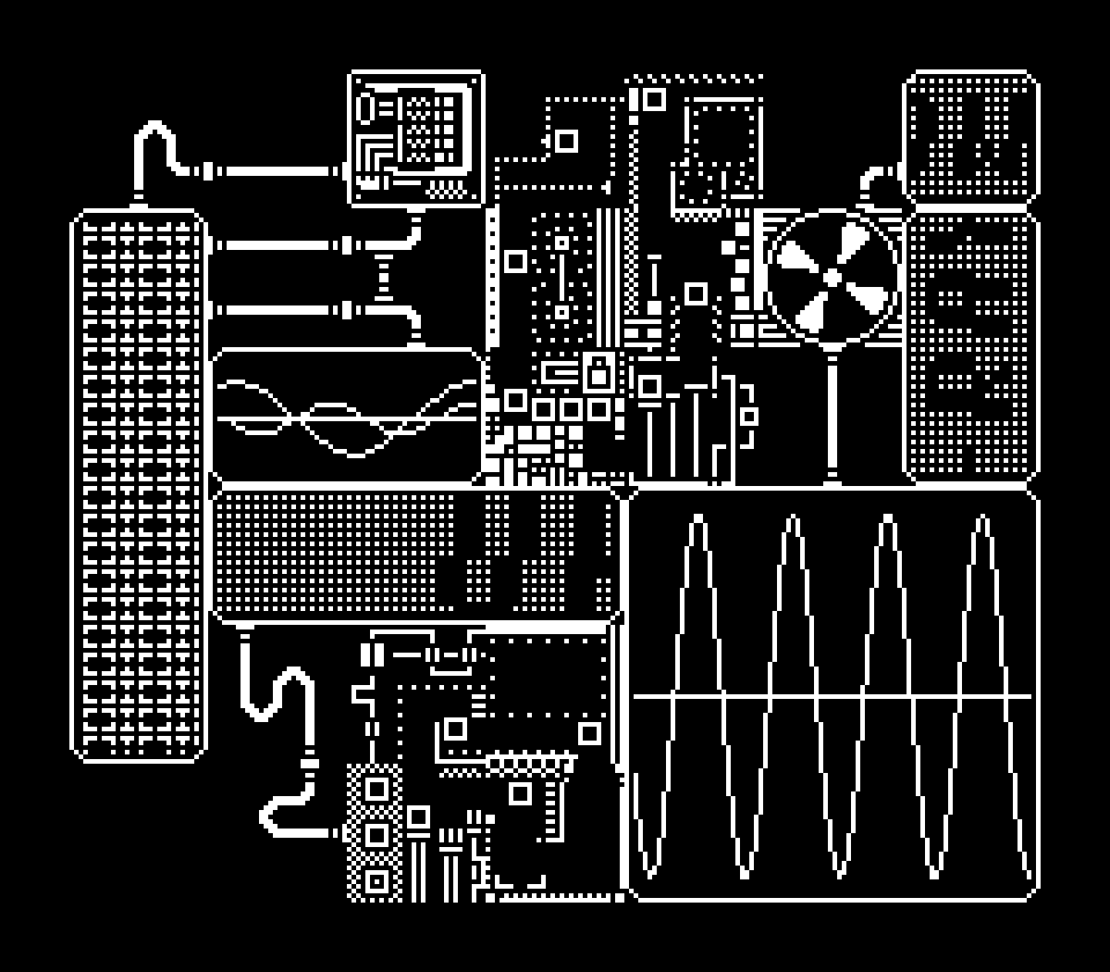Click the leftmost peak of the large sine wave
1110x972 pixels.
pyautogui.click(x=698, y=521)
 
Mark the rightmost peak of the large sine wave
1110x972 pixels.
pyautogui.click(x=980, y=521)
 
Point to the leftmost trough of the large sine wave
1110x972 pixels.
pyautogui.click(x=650, y=872)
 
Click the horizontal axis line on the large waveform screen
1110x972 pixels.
pyautogui.click(x=832, y=697)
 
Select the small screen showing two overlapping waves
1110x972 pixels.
pyautogui.click(x=347, y=417)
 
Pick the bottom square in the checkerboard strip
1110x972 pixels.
pyautogui.click(x=376, y=880)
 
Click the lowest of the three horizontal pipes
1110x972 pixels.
pyautogui.click(x=277, y=311)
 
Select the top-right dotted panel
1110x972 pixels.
pyautogui.click(x=970, y=137)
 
